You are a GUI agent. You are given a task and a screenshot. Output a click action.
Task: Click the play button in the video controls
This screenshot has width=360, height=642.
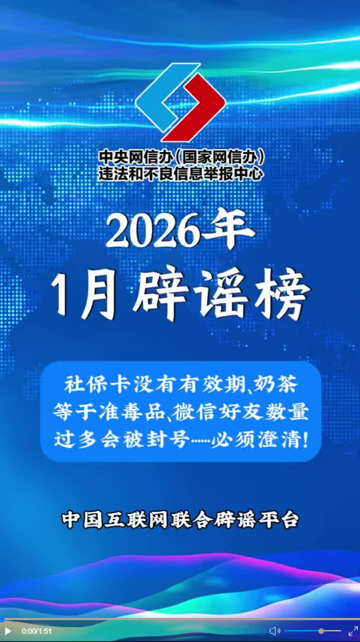point(8,631)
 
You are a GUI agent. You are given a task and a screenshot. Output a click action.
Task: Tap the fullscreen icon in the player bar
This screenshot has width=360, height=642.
point(352,631)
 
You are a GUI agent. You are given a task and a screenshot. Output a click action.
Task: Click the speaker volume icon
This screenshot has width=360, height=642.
point(274,631)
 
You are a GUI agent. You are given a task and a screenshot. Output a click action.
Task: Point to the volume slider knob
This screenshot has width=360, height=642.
point(321,631)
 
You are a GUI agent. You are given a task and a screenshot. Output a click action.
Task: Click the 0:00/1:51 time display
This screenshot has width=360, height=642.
point(37,631)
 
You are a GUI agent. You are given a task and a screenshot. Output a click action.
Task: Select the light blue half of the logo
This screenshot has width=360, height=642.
point(166,97)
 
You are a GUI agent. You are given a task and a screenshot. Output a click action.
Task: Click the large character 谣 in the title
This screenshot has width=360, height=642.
point(221,294)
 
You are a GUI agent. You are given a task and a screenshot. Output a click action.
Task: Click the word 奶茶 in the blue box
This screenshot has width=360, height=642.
point(276,385)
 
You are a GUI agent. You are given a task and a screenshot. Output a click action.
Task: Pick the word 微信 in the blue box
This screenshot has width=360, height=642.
point(194,413)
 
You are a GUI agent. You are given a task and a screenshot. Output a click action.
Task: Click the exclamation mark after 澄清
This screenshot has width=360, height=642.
point(304,440)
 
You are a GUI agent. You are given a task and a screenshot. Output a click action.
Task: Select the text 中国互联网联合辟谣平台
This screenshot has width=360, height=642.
point(180,519)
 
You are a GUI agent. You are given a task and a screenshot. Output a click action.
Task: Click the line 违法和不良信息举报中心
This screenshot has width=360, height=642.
point(180,175)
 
